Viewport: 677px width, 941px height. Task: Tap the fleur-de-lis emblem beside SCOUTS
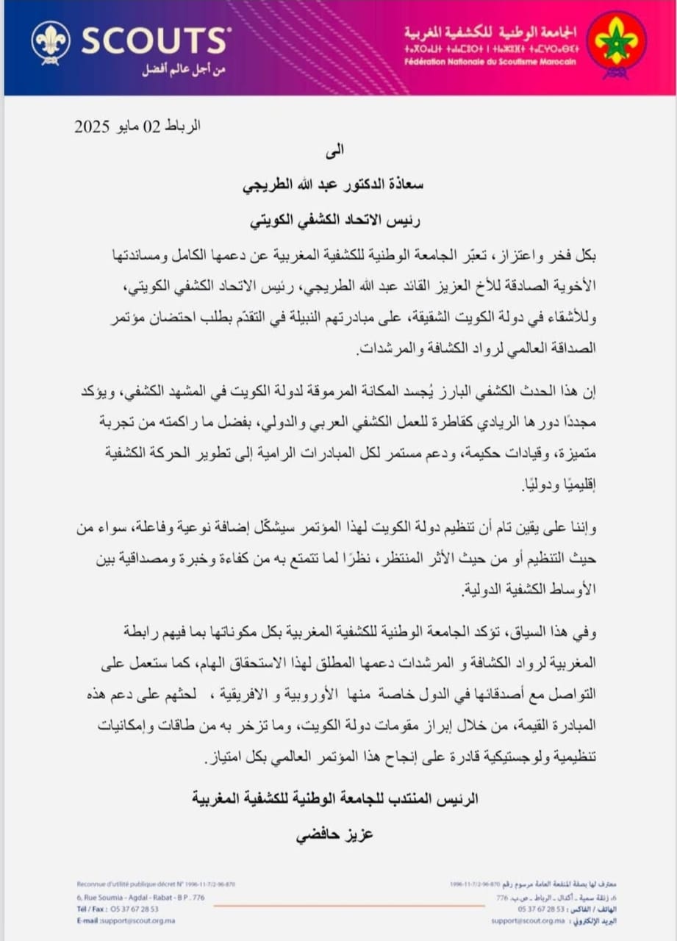[51, 41]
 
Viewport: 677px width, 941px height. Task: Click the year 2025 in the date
[92, 126]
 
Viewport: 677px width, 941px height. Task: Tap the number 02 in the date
[151, 126]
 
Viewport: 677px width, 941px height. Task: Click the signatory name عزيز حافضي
[335, 835]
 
